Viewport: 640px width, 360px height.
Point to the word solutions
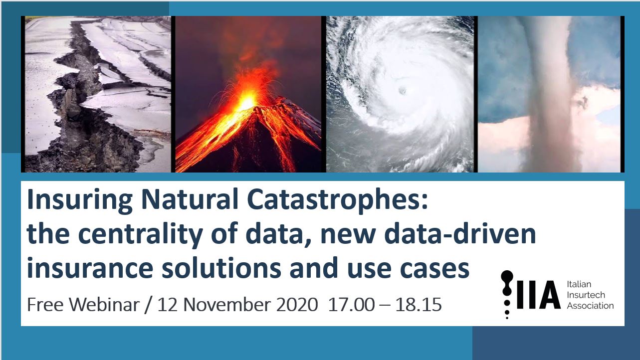[221, 268]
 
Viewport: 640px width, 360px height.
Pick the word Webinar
[104, 305]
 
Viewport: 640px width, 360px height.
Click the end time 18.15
[419, 305]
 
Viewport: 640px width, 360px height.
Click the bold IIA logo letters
[538, 295]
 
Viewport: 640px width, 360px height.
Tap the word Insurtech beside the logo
[585, 295]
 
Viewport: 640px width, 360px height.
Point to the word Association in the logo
[590, 306]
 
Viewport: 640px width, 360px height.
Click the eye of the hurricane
[403, 91]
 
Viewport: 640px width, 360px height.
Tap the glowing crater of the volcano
[246, 101]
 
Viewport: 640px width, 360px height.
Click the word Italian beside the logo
[579, 284]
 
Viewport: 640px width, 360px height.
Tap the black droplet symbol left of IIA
[507, 295]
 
